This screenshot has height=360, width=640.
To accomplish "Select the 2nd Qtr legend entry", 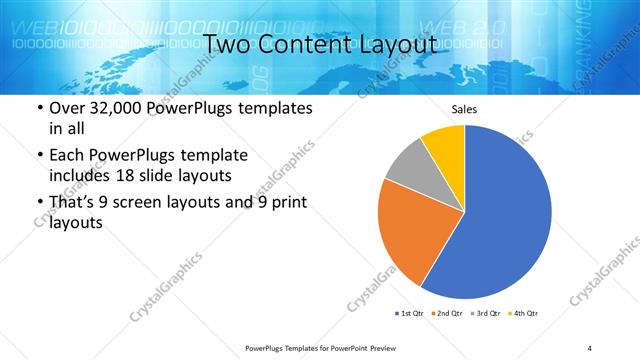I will pos(447,314).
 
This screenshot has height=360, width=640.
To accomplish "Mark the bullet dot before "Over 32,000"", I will pos(38,108).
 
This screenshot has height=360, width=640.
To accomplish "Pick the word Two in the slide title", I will pos(226,43).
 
